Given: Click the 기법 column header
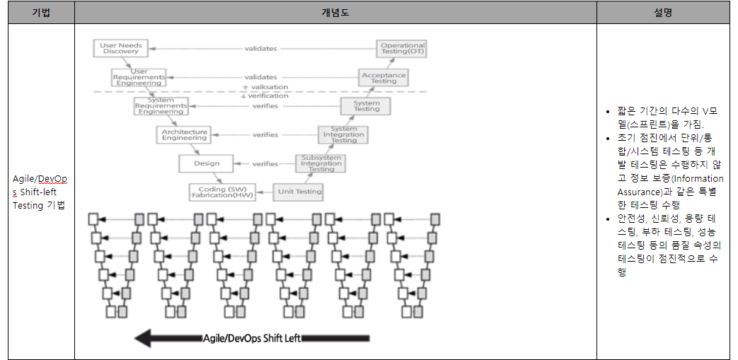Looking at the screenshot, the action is click(x=41, y=13).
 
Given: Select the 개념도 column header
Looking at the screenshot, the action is click(x=335, y=13).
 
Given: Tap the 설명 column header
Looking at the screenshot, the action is click(x=663, y=13).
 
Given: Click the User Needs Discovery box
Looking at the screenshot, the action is click(x=121, y=48).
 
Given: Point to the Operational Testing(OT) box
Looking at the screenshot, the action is click(x=403, y=49).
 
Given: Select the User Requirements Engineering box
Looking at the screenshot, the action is click(x=139, y=77).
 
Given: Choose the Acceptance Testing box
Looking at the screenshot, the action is click(x=384, y=78).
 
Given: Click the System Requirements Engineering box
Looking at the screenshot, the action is click(x=161, y=106).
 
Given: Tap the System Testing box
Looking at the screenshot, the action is click(x=366, y=106).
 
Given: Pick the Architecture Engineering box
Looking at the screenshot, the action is click(x=184, y=134).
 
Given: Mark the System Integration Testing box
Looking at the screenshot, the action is click(x=344, y=135).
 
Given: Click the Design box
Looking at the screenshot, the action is click(x=207, y=163).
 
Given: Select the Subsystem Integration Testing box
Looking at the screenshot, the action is click(x=321, y=164).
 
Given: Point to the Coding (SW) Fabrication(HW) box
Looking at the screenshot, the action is click(x=221, y=192).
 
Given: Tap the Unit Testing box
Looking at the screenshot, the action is click(x=299, y=191).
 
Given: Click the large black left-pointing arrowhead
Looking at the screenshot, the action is click(x=144, y=338).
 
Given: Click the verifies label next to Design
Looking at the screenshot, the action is click(x=265, y=164).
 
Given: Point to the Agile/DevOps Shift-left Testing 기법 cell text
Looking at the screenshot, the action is click(x=40, y=192).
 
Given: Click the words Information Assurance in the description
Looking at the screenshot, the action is click(x=669, y=185).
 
